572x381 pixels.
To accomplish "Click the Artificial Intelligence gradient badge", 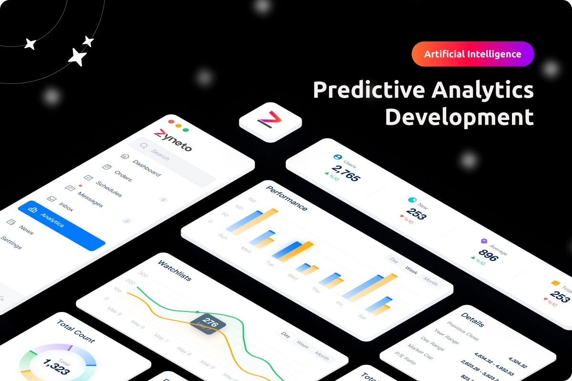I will coord(473,54).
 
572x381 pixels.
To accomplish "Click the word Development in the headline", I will coord(459,117).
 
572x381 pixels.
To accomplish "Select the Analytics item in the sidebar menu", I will coord(52,220).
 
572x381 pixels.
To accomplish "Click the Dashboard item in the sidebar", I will coord(146,168).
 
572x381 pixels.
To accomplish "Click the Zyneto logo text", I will coord(173,140).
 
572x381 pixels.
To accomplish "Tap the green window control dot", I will coord(185,130).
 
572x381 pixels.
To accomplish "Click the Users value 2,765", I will coord(346,173).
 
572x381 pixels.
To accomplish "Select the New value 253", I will coord(416,214).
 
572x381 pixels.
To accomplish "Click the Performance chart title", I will coord(286,198).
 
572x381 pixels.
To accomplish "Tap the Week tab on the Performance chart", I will coord(411,271).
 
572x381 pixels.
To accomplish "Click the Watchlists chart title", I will coord(174,270).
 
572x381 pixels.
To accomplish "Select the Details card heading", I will coord(472,320).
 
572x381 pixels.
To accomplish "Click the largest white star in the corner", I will coord(78,57).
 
